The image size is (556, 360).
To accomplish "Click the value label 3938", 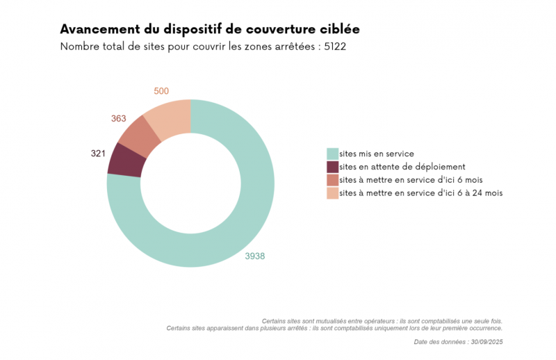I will pyautogui.click(x=254, y=256).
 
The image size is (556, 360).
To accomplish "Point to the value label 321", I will pyautogui.click(x=98, y=153).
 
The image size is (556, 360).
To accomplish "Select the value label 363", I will pyautogui.click(x=118, y=119).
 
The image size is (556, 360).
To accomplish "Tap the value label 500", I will pyautogui.click(x=161, y=91).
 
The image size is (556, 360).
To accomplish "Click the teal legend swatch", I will pyautogui.click(x=333, y=154).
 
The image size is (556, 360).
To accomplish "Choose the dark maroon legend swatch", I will pyautogui.click(x=333, y=167).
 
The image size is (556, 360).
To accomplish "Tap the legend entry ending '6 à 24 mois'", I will pyautogui.click(x=420, y=193).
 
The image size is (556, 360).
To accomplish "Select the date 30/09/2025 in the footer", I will pyautogui.click(x=486, y=342).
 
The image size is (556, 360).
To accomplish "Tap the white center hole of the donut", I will pyautogui.click(x=190, y=183).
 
